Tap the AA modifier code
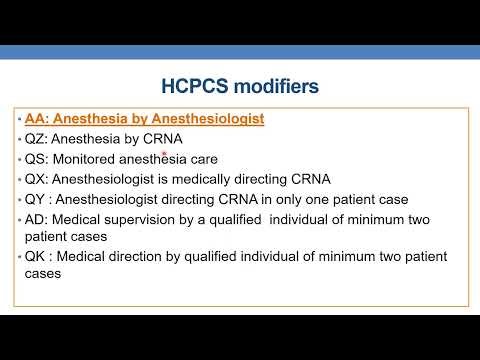(x=35, y=119)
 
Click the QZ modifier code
(x=36, y=139)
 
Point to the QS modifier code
(x=36, y=159)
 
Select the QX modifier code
(x=36, y=179)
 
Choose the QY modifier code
(x=36, y=199)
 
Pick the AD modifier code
(x=36, y=219)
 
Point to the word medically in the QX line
(x=239, y=179)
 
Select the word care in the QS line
(x=201, y=159)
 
